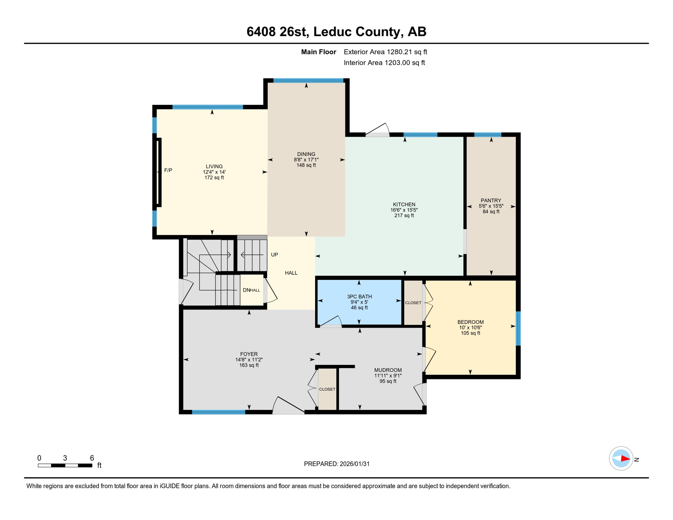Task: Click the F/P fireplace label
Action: [x=168, y=170]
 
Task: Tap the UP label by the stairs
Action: [x=274, y=255]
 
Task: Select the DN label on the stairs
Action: [x=246, y=290]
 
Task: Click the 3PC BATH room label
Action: [x=359, y=297]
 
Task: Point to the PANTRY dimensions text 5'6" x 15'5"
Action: [x=491, y=206]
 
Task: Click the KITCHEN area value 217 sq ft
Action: [x=404, y=215]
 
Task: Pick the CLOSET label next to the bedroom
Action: [x=413, y=303]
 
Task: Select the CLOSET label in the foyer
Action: [x=327, y=389]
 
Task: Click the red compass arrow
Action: [x=625, y=459]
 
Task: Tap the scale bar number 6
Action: [x=92, y=458]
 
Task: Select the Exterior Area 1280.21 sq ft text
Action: [x=385, y=52]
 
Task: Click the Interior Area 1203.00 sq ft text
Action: [x=384, y=63]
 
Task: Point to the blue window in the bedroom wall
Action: [x=518, y=328]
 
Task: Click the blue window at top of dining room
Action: [x=308, y=81]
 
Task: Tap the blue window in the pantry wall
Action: [x=487, y=135]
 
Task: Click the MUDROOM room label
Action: [x=388, y=370]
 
